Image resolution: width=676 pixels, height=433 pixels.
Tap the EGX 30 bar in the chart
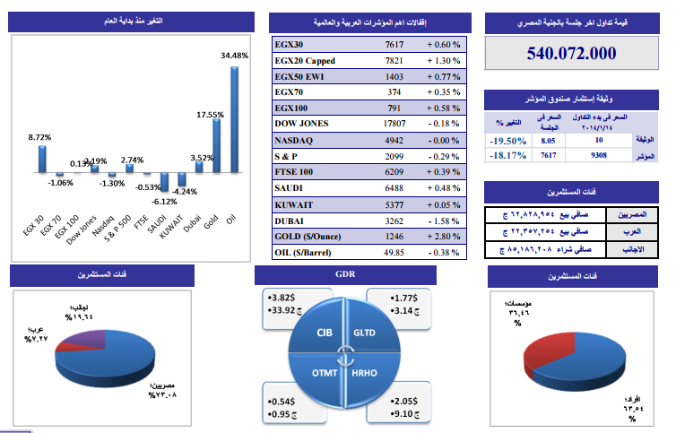coord(41,158)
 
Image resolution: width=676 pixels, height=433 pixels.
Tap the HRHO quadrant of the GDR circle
coord(362,369)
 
